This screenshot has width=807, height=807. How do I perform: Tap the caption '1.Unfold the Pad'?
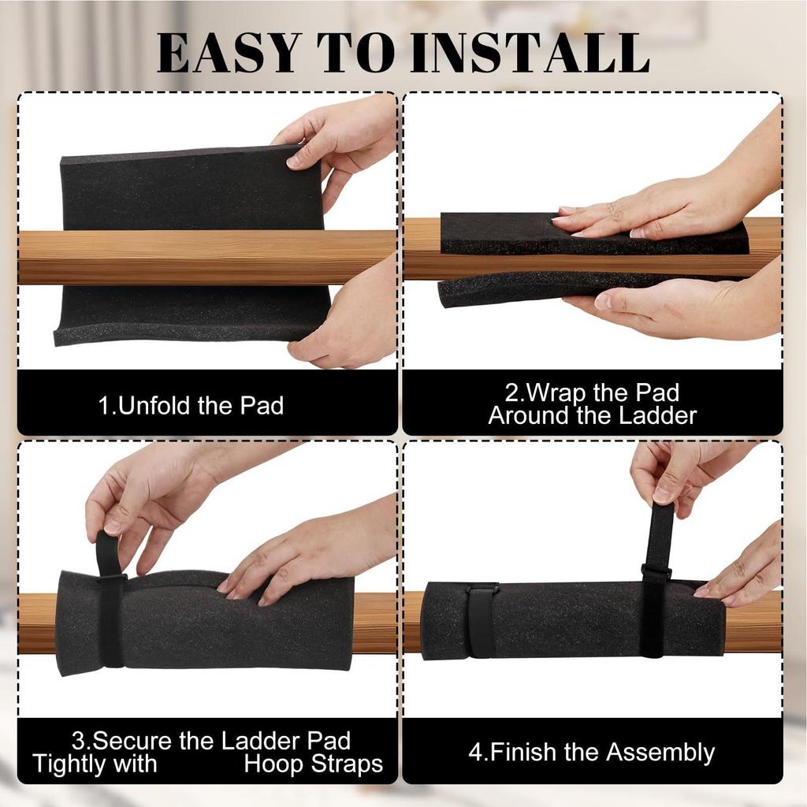[x=191, y=406]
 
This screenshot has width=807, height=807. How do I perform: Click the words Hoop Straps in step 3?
[x=313, y=764]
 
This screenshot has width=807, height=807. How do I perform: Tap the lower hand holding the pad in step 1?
[x=347, y=323]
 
